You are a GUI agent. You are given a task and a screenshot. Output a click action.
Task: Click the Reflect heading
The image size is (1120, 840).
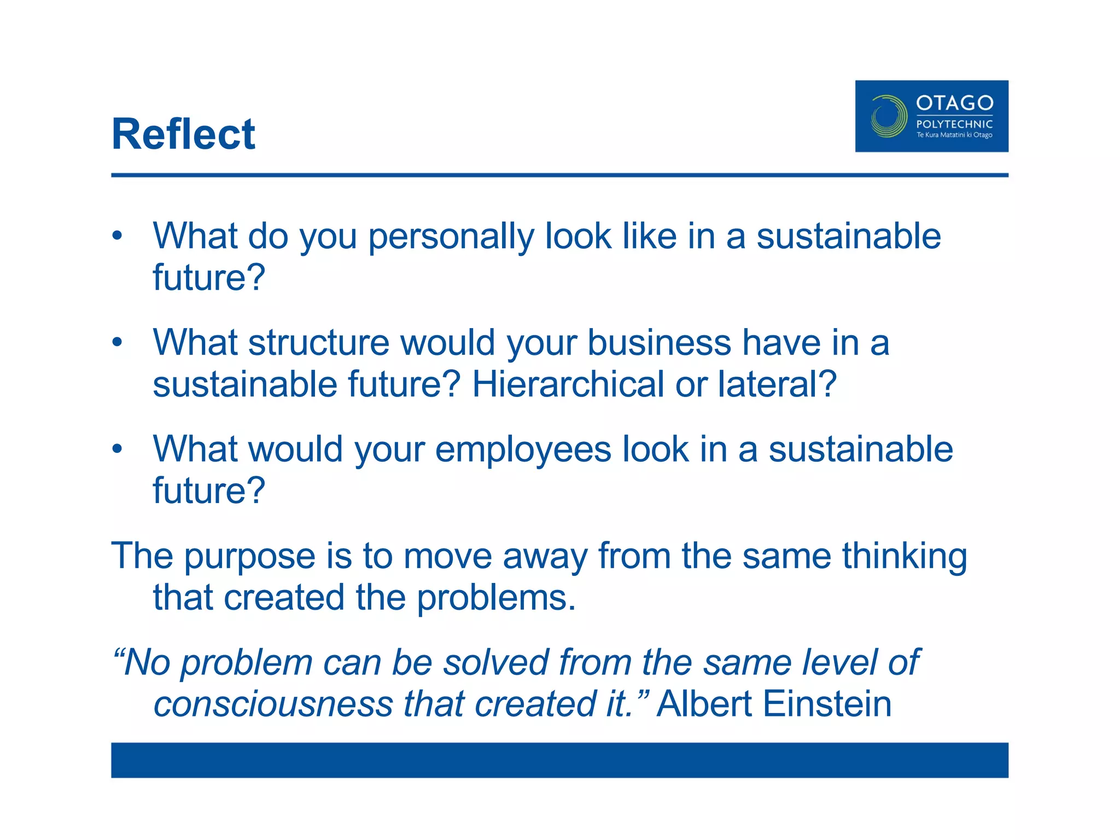click(x=183, y=135)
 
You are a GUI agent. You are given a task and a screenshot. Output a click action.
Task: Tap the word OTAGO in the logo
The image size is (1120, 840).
click(x=954, y=103)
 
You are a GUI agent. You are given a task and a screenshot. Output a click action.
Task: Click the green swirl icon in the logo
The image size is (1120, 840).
click(x=889, y=116)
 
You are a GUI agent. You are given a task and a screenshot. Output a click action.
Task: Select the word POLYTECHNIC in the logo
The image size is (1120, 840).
click(x=954, y=124)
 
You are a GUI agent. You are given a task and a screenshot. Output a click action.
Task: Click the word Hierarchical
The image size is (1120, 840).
click(x=567, y=384)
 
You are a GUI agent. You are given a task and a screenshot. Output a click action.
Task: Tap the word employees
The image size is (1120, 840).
click(x=523, y=450)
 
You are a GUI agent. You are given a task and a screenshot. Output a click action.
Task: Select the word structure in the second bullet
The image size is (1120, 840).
click(x=318, y=343)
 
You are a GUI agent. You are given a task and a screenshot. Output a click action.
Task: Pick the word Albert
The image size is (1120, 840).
click(x=704, y=704)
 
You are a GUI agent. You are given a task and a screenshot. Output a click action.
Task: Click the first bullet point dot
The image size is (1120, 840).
click(x=117, y=236)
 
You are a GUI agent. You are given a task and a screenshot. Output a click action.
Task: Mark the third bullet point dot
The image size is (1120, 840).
click(x=117, y=449)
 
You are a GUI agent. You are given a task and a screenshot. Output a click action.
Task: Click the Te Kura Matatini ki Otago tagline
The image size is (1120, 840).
click(x=954, y=135)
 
